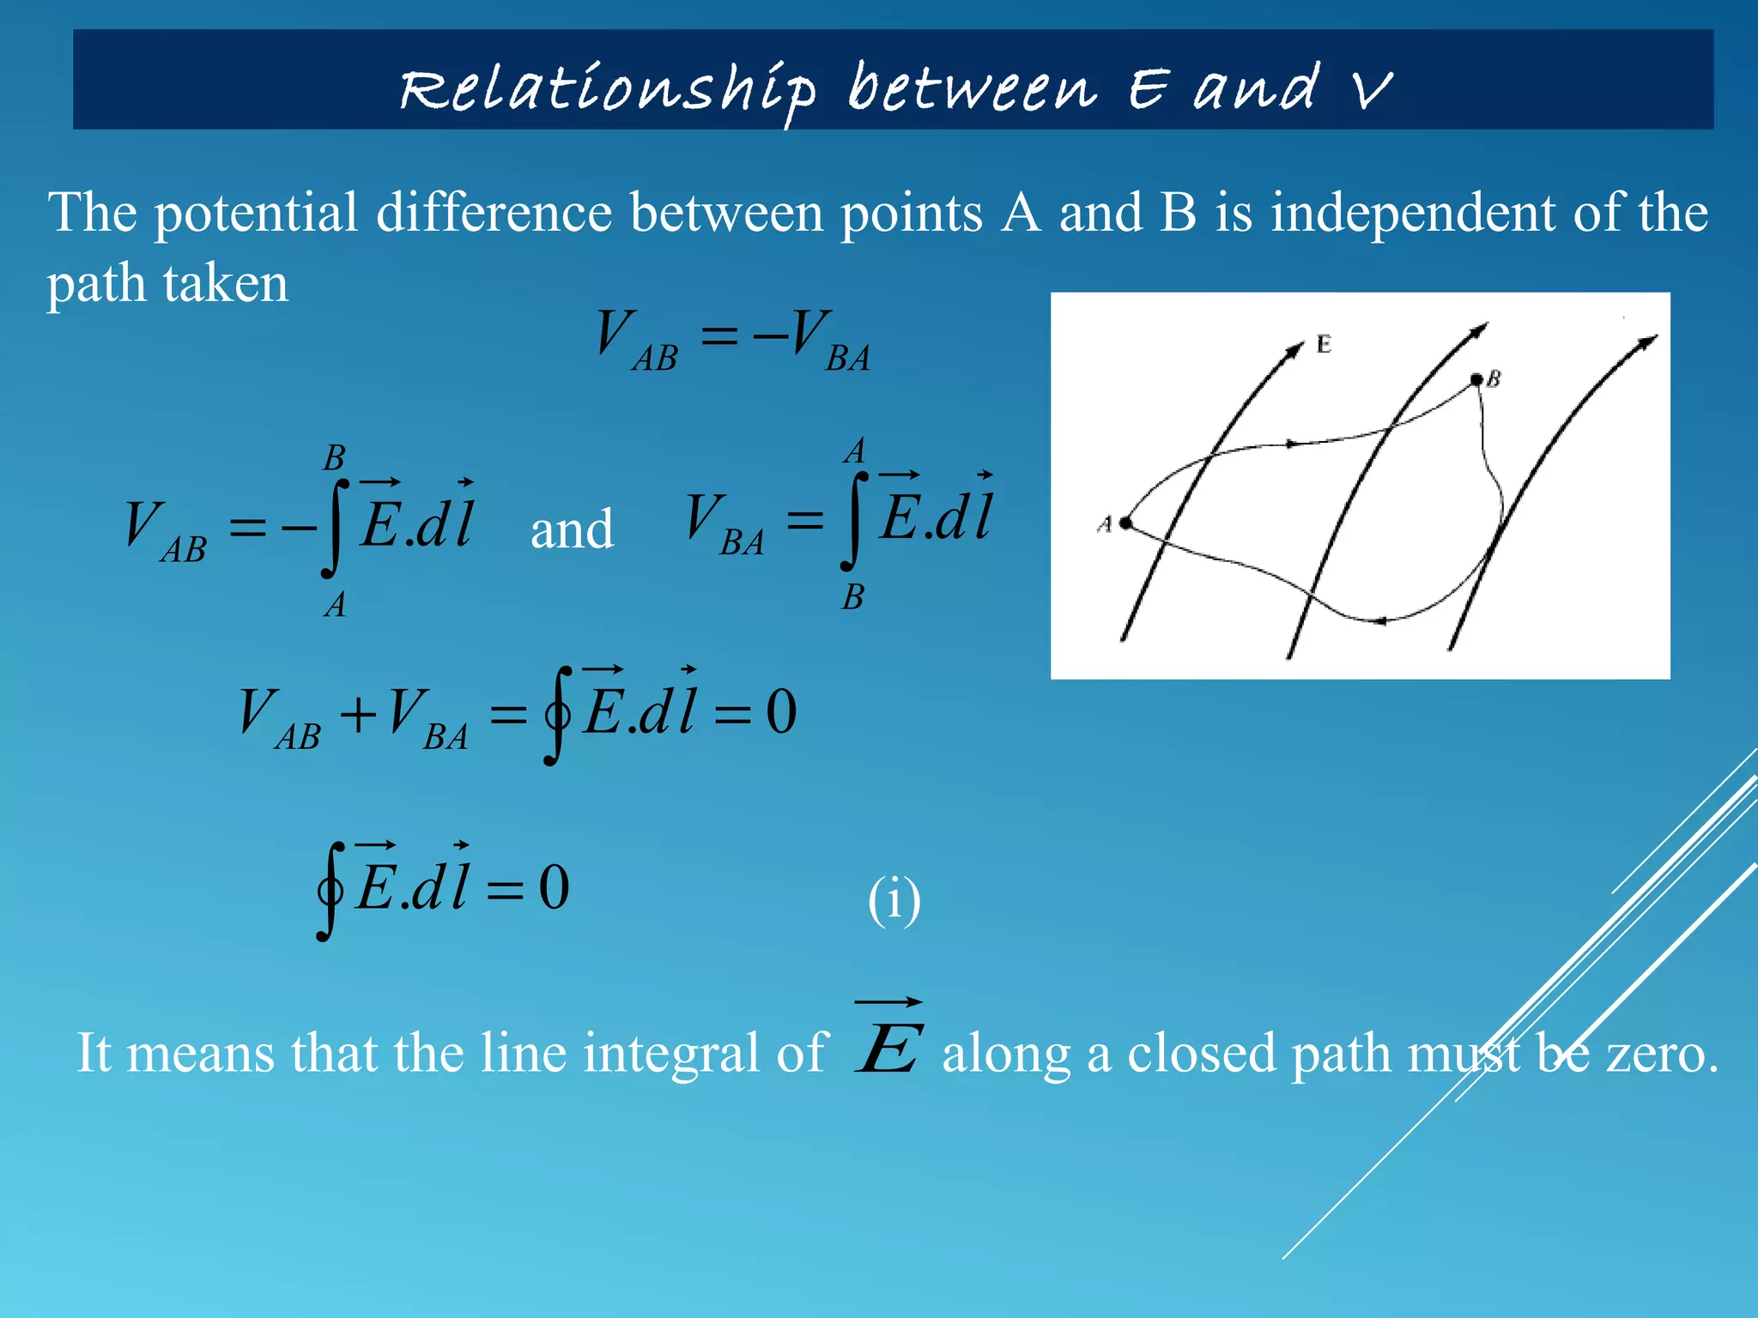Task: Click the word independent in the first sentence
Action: tap(1412, 212)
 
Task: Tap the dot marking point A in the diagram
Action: tap(1125, 523)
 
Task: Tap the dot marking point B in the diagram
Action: tap(1476, 379)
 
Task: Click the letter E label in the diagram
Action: tap(1324, 345)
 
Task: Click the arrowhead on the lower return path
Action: tap(1380, 620)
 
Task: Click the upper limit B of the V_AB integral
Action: tap(334, 458)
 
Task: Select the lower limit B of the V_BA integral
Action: tap(852, 597)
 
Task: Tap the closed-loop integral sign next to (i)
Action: tap(331, 891)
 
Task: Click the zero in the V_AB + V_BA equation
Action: tap(781, 712)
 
